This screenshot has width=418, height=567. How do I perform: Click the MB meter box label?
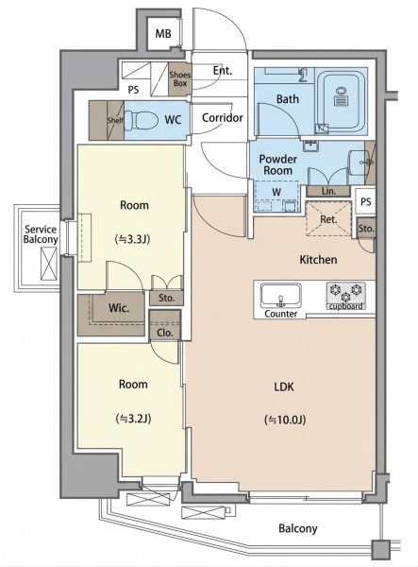tap(163, 34)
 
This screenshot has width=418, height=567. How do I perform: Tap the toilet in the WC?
tap(142, 120)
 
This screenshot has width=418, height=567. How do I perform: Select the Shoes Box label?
tap(180, 78)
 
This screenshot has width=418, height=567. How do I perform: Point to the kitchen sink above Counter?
tap(281, 295)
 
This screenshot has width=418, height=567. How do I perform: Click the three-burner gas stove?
tap(345, 293)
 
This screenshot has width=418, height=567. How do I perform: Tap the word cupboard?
tap(345, 306)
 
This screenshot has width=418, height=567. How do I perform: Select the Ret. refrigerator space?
tap(328, 219)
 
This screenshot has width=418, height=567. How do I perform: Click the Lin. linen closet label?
tap(328, 191)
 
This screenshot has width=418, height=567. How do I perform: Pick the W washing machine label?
tap(276, 192)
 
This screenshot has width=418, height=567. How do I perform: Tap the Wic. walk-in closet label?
tap(119, 308)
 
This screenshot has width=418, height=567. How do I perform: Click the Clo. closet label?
tap(165, 333)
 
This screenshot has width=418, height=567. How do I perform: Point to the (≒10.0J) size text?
tap(285, 420)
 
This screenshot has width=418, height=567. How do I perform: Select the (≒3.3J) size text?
tap(132, 239)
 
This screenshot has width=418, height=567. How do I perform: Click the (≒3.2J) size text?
tap(133, 419)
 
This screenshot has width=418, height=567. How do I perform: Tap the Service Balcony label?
tap(41, 234)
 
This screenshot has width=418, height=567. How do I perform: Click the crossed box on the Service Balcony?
tap(48, 264)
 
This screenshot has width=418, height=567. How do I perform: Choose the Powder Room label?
tap(278, 164)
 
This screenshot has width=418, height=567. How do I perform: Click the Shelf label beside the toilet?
tap(115, 120)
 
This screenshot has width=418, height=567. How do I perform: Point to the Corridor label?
tap(223, 117)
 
